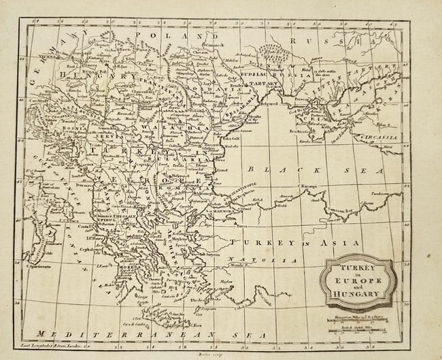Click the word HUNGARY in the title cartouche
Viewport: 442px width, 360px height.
[x=358, y=295]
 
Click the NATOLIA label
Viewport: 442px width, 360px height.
[x=275, y=260]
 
